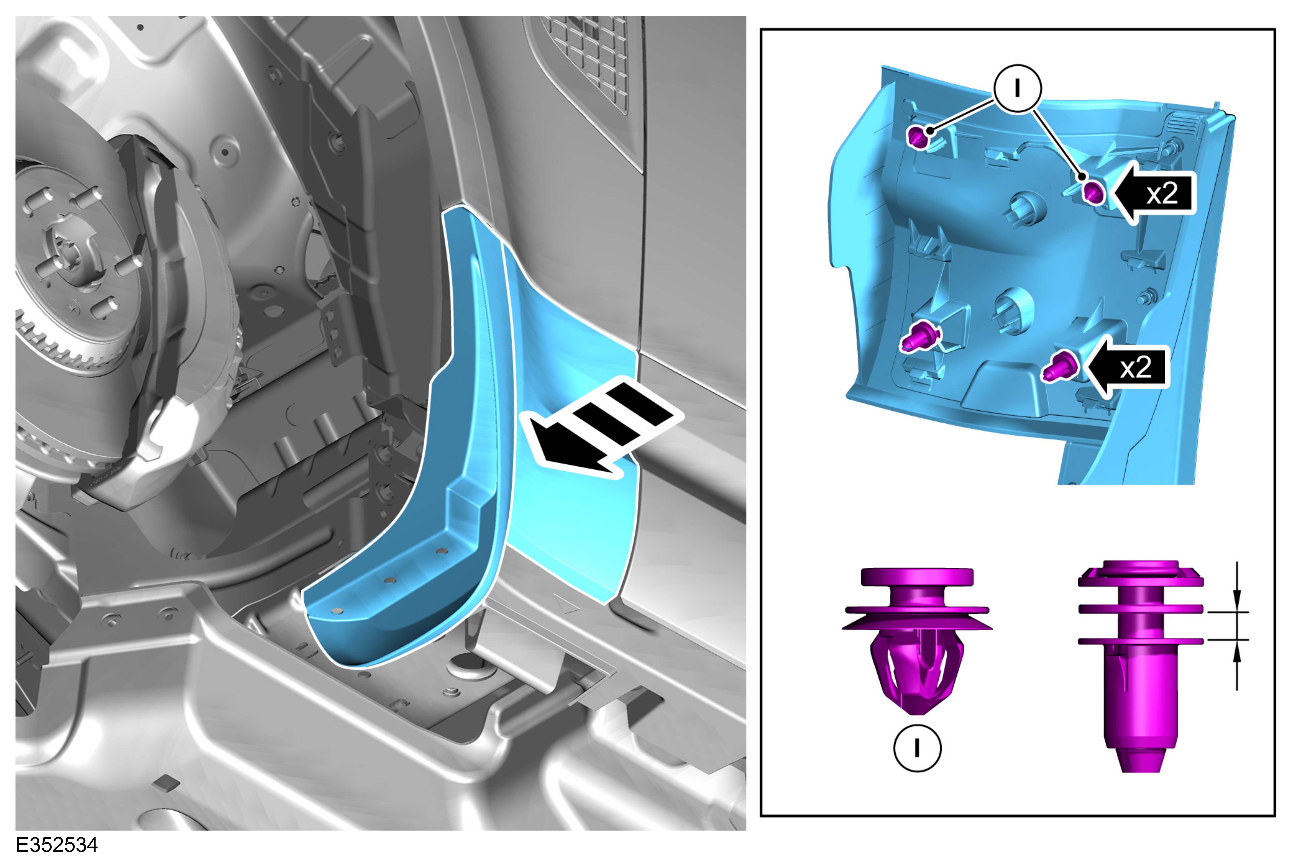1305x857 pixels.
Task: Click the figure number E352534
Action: (x=57, y=844)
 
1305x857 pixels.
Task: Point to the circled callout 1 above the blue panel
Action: (x=1018, y=89)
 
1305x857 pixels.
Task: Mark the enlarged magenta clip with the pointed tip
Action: (x=917, y=641)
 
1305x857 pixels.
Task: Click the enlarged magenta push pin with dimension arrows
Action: (x=1141, y=666)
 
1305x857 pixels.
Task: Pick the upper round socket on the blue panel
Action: (x=1027, y=208)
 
